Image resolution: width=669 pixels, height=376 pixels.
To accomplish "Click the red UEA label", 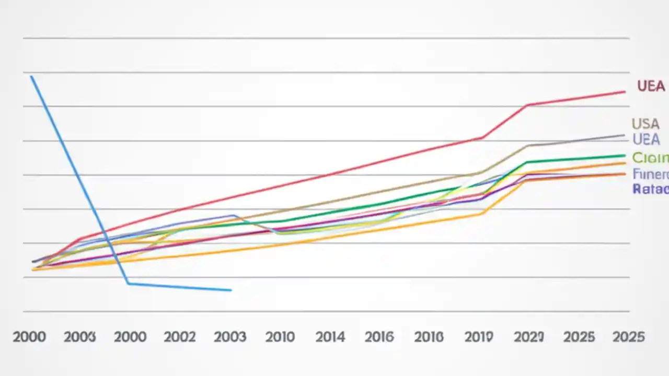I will coord(651,86).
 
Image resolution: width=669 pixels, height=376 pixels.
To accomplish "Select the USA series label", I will coord(645,124).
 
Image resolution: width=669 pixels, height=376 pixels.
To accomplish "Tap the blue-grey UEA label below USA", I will coord(646,139).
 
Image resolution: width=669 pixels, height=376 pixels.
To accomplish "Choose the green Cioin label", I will coord(650,157).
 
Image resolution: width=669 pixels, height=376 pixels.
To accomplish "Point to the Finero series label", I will coord(650,174).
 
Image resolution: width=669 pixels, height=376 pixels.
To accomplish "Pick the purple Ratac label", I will coord(650,189).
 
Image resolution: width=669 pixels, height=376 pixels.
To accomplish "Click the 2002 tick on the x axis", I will coord(180,337).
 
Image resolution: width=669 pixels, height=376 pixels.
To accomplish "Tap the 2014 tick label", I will coord(330,337).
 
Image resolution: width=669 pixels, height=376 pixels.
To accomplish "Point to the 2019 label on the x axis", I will coord(479,337).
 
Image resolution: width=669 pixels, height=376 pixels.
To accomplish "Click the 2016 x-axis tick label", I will coord(379,337).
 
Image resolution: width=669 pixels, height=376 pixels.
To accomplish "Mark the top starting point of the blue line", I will coord(31,77).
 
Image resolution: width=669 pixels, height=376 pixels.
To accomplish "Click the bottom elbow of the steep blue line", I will coord(129,284).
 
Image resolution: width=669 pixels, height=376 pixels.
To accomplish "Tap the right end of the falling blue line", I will coord(230,290).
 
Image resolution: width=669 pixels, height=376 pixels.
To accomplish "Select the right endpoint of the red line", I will coord(625,92).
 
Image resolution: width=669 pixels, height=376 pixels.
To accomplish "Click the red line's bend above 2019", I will coord(482,137).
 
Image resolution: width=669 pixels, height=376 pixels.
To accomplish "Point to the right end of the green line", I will coord(625,156).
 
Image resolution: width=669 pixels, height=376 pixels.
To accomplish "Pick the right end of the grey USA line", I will coord(624,135).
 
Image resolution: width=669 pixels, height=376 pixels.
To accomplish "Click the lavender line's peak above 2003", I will coord(232,215).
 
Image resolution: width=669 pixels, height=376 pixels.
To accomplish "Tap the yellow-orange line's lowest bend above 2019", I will coord(482,214).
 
